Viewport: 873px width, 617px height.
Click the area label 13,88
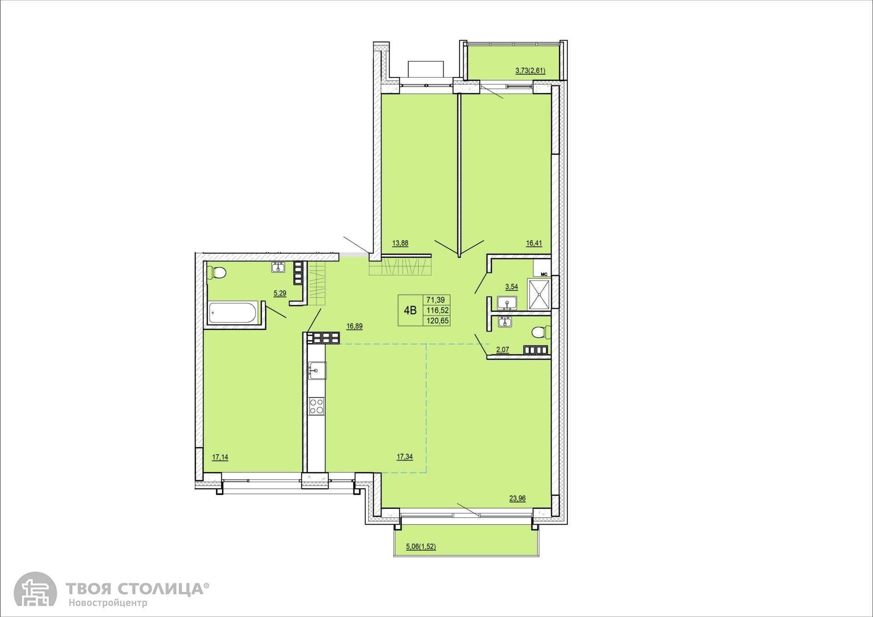(x=400, y=243)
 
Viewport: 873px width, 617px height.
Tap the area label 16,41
(x=534, y=243)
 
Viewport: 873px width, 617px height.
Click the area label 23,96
(x=517, y=498)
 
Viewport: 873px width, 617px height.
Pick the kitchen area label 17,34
(x=405, y=457)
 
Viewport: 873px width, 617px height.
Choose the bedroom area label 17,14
(x=220, y=457)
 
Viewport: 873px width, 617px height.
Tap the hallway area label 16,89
(x=354, y=326)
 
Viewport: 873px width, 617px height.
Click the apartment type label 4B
(x=410, y=311)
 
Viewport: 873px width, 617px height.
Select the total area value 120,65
(x=436, y=321)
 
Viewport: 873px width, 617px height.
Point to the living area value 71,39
(x=436, y=300)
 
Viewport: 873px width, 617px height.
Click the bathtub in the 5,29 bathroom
(x=233, y=313)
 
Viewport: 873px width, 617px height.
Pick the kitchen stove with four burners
(x=317, y=406)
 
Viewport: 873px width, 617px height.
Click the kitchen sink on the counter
(x=317, y=371)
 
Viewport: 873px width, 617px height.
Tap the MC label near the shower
(x=543, y=274)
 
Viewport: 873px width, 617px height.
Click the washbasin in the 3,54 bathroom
(x=507, y=303)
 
